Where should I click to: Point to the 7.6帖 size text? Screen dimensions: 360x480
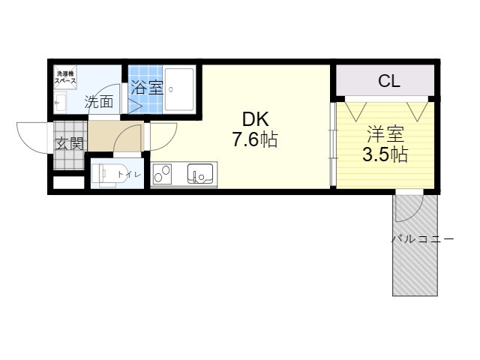click(x=254, y=139)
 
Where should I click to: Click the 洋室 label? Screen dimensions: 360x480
click(x=385, y=136)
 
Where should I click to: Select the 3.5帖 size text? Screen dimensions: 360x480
click(x=385, y=155)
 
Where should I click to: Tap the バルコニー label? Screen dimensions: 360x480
click(x=422, y=239)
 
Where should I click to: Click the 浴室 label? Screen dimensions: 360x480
click(x=146, y=87)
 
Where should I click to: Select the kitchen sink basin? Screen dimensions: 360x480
click(x=200, y=175)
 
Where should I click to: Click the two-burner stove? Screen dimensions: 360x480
click(x=163, y=175)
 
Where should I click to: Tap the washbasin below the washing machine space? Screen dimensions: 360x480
click(x=60, y=102)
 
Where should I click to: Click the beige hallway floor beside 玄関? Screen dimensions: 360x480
click(x=112, y=137)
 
